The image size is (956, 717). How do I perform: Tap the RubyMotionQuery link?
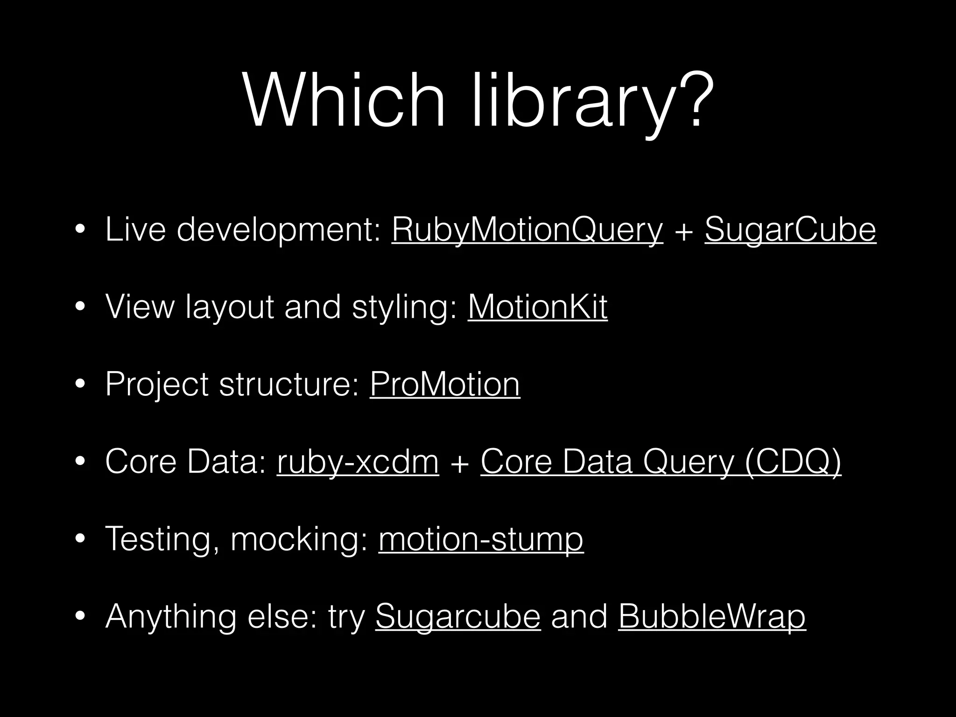(527, 229)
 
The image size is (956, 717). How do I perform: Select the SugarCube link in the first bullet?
(790, 229)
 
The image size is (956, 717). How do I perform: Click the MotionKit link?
(538, 307)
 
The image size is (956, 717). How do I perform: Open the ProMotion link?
(445, 384)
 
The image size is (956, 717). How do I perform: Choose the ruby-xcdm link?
(358, 462)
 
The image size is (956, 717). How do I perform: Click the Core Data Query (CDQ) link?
(661, 462)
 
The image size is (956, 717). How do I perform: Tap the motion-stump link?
(481, 539)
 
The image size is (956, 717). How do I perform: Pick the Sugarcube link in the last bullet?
(458, 616)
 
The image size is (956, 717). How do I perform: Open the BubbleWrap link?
(712, 616)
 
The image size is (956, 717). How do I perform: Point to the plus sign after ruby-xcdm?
(460, 464)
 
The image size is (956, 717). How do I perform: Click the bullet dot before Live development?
(80, 230)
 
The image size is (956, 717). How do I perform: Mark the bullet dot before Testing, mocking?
(80, 540)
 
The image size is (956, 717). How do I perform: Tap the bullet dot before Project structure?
(80, 385)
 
